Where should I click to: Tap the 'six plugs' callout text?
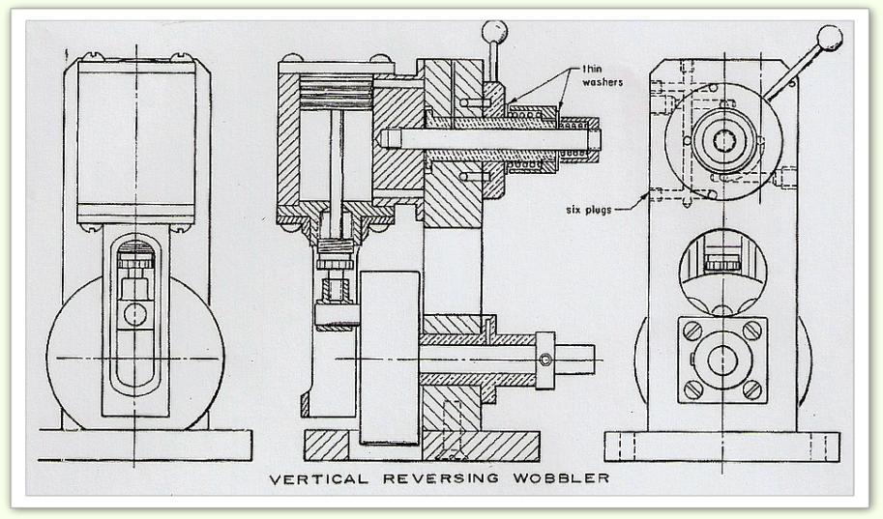591,209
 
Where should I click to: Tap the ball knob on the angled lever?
829,38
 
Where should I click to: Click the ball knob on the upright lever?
494,32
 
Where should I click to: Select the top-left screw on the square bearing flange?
692,331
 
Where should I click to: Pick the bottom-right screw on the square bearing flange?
751,389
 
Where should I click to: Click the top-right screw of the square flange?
751,331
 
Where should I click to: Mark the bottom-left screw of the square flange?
692,389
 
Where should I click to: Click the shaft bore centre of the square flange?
721,360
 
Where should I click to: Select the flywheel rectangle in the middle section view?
389,358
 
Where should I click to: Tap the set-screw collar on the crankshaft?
546,360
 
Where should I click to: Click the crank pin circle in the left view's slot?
134,314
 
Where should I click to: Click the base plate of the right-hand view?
721,446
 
